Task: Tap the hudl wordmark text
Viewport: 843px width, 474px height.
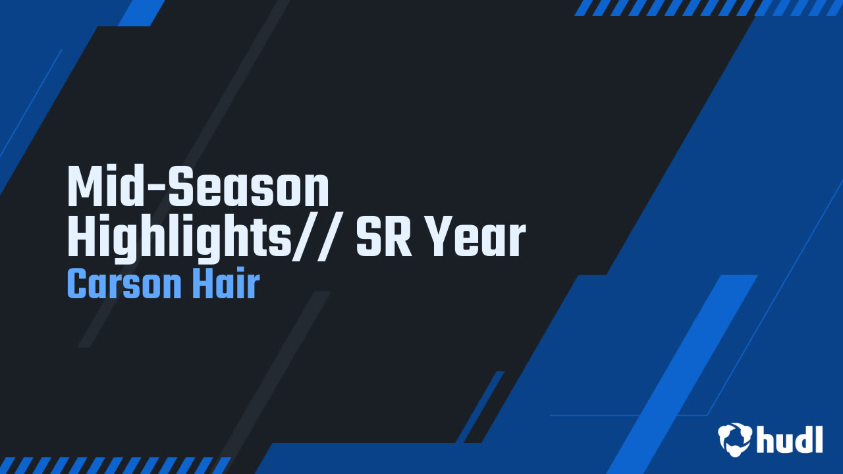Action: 790,440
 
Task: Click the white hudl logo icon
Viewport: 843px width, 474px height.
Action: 735,439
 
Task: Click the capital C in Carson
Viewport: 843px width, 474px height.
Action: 77,285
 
